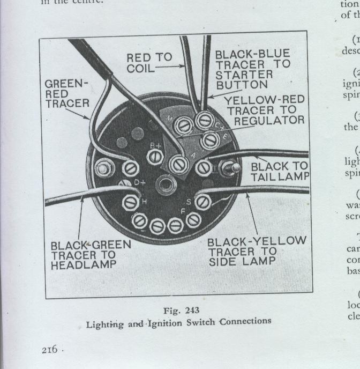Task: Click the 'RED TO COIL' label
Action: [149, 62]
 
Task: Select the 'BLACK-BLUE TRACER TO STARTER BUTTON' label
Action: [252, 69]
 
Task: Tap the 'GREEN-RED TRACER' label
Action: [66, 93]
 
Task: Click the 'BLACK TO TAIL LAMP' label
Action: [283, 172]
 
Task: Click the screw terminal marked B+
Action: [155, 156]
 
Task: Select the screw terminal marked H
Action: [130, 202]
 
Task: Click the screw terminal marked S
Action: [202, 202]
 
